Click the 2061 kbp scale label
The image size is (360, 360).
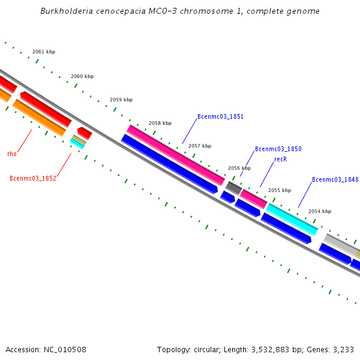44,52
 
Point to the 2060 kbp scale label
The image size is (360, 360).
82,76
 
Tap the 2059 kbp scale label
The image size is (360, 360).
121,100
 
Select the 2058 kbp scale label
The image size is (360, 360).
160,123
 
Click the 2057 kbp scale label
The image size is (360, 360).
200,146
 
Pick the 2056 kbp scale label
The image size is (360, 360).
239,169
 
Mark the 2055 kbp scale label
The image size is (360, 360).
280,190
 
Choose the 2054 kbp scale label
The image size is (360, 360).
320,211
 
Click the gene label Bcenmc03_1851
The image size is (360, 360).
220,116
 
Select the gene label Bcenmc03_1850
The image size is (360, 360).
278,149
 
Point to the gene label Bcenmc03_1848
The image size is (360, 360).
335,179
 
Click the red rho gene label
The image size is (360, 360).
12,154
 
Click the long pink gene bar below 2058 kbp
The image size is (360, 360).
175,155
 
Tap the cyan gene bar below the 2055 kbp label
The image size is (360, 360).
292,219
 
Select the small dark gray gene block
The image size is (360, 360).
233,188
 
